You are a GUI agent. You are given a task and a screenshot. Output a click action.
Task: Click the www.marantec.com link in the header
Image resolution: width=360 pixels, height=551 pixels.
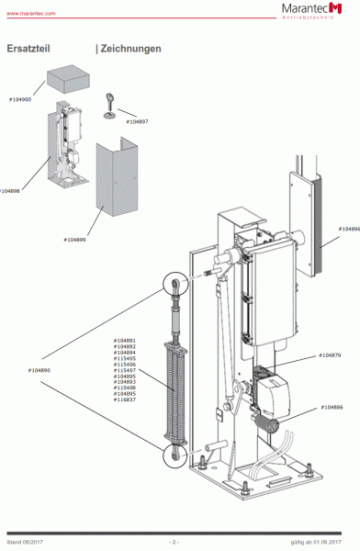click(x=31, y=15)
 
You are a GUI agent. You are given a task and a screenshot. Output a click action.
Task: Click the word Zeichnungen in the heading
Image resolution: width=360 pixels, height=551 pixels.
click(x=131, y=49)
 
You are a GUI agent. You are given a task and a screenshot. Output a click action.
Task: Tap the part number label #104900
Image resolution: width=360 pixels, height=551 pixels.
click(x=20, y=98)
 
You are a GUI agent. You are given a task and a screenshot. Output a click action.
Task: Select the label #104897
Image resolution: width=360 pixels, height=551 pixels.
click(x=135, y=121)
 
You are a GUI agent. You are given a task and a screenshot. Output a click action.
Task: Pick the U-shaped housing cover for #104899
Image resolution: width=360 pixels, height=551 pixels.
click(x=114, y=184)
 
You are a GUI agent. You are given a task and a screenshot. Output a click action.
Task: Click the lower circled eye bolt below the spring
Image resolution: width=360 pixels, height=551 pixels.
click(x=173, y=452)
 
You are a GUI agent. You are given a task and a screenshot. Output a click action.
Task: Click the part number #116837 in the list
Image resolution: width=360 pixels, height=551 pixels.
click(x=125, y=400)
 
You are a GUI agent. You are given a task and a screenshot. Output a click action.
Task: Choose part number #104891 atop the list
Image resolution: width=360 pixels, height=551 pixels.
click(x=125, y=340)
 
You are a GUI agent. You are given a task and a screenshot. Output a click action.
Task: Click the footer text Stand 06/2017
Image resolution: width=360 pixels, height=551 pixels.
click(x=25, y=544)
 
